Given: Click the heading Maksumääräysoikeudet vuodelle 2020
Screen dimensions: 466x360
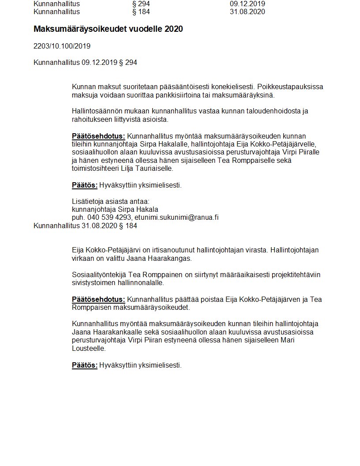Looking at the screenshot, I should tap(108, 29).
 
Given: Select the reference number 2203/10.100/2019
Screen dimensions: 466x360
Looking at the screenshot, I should tap(62, 46).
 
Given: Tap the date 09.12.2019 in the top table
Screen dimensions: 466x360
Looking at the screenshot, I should tap(247, 4).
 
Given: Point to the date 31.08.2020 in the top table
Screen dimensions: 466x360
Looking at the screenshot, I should tap(247, 11).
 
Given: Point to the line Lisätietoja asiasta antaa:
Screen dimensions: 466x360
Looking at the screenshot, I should tap(105, 201).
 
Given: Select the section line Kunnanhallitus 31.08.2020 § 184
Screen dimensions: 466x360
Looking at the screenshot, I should tap(85, 226).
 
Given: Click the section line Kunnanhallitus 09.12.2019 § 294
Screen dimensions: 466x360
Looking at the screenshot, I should tap(85, 63).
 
